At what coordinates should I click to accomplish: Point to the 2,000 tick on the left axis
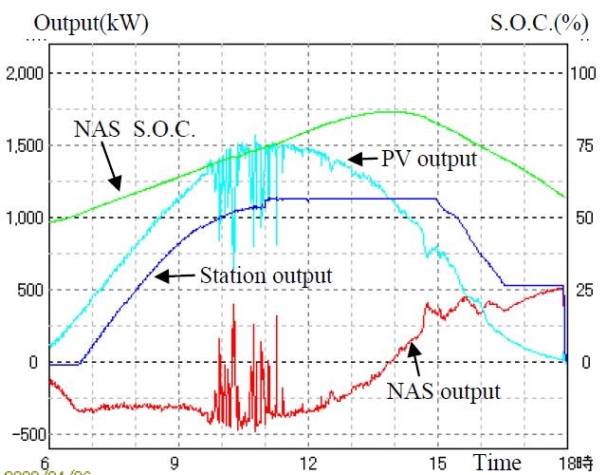(26, 73)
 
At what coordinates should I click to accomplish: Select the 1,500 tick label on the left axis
(26, 145)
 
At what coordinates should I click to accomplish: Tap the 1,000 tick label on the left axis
(26, 218)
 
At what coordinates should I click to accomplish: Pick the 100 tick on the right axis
(581, 73)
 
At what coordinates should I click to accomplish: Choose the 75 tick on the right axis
(581, 145)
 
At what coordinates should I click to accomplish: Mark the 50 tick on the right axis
(581, 218)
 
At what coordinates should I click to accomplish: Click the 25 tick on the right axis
(581, 290)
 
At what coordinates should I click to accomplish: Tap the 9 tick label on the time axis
(175, 463)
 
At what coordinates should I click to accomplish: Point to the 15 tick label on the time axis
(437, 463)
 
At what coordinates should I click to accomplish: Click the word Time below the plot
(497, 463)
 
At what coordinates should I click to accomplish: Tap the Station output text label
(267, 276)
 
